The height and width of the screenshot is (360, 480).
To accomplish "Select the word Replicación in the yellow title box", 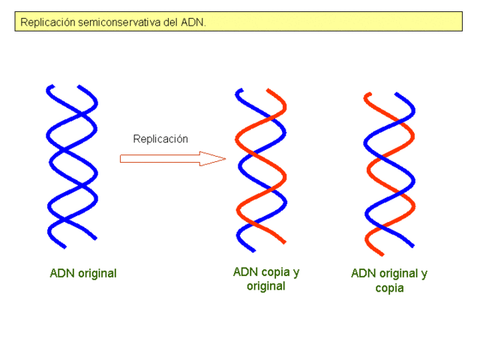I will click(46, 22).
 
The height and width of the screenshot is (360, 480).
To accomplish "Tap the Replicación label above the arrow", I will click(160, 139).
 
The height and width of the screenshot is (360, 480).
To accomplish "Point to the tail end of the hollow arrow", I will click(122, 158).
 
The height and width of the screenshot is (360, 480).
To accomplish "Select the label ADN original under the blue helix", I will click(83, 273).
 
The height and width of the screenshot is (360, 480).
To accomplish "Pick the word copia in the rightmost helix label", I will click(389, 288).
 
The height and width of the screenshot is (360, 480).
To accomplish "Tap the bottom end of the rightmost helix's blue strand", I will click(412, 244).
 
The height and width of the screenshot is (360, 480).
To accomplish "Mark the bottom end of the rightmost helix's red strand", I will click(367, 253).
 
